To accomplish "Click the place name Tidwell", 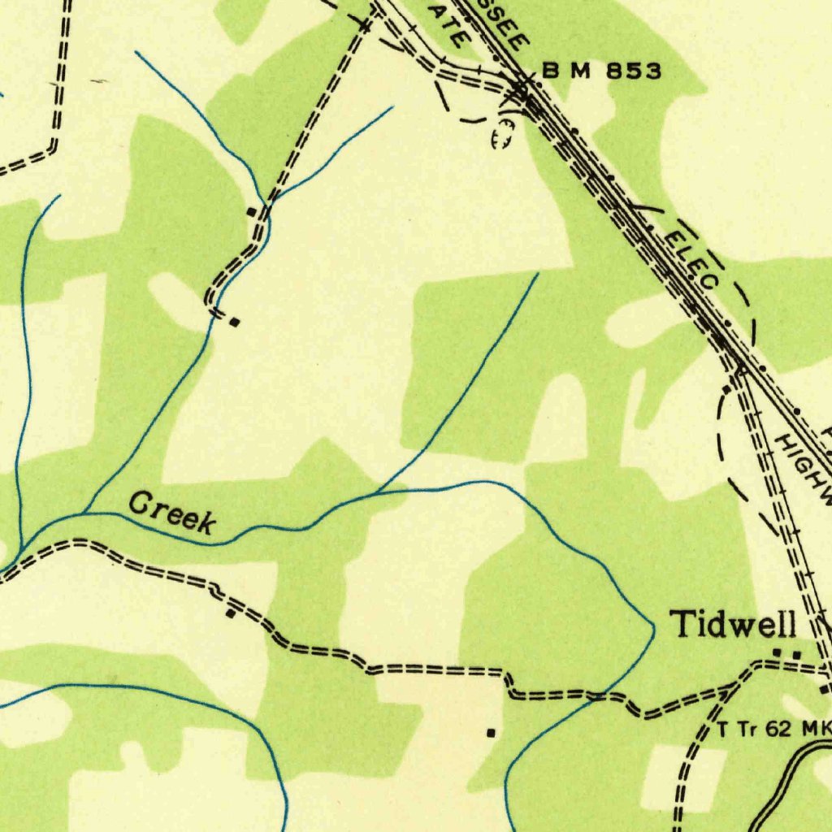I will point(732,625).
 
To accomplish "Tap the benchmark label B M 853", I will point(601,71).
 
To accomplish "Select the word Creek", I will point(171,513).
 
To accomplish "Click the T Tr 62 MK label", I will point(773,729).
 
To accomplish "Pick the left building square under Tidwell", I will point(778,652).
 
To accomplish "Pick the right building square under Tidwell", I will point(796,654).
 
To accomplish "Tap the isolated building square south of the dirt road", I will point(491,732).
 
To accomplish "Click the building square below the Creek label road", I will point(231,613).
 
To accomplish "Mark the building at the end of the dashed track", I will point(235,323).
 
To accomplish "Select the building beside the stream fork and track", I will point(252,212).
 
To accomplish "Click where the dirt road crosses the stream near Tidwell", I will point(599,695).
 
